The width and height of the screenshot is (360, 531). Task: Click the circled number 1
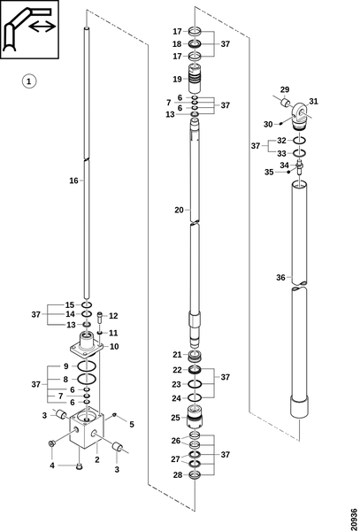point(29,81)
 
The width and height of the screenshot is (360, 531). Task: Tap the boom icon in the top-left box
point(29,29)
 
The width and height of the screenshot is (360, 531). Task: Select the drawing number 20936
point(354,518)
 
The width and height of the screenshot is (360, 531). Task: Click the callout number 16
point(73,181)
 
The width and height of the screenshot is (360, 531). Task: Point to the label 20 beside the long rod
point(179,210)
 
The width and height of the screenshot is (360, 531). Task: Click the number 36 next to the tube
point(280,278)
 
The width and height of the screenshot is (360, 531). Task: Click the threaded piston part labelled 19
point(195,79)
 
